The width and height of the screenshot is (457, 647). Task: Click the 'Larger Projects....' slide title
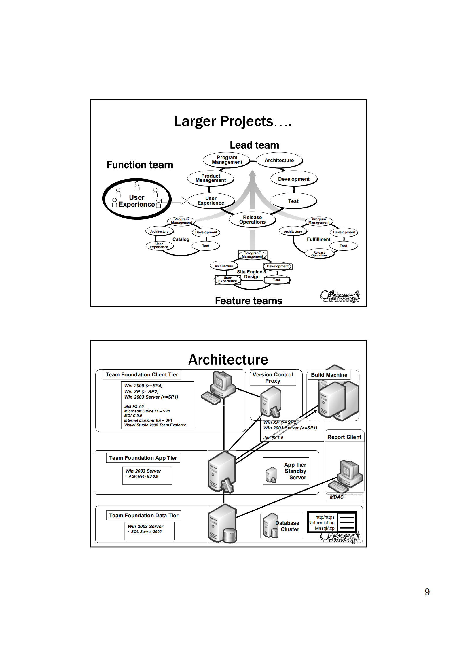[233, 121]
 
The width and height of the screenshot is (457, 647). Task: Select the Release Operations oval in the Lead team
[252, 220]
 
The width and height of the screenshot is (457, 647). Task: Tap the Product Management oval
[211, 178]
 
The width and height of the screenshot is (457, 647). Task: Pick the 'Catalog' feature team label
[181, 239]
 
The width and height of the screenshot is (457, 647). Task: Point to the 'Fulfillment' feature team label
[318, 239]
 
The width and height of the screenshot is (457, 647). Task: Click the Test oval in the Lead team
[293, 201]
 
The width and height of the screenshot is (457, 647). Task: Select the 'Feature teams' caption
[249, 301]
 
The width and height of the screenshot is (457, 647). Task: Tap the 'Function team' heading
[140, 165]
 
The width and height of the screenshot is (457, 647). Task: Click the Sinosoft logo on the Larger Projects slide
[340, 296]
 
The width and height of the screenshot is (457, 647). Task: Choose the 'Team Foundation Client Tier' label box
[142, 375]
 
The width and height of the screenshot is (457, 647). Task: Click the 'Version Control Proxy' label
[272, 378]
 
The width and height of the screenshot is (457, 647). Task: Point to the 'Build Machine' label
[329, 375]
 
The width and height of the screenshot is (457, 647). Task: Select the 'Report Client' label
[344, 437]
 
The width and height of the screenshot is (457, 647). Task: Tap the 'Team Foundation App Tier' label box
[143, 458]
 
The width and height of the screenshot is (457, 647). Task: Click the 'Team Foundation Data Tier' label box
[144, 516]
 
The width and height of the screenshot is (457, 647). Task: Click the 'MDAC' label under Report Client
[337, 497]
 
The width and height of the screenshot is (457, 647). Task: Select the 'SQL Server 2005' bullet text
[146, 532]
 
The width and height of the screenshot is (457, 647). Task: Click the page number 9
[427, 592]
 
